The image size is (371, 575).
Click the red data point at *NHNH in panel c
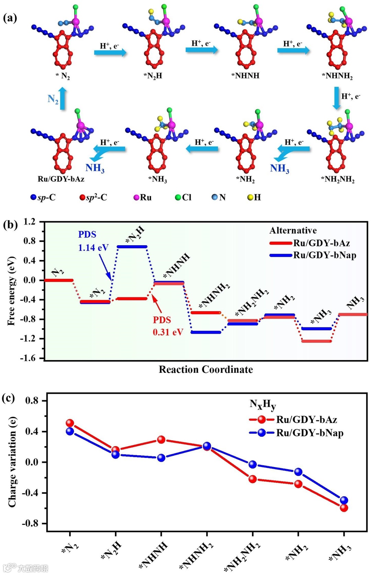(x=161, y=440)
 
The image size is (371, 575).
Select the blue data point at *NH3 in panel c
(x=344, y=500)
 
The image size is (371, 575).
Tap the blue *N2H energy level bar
(x=132, y=247)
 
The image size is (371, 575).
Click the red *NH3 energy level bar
(x=316, y=341)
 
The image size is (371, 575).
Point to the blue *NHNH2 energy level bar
(x=206, y=332)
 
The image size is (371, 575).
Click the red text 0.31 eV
(x=168, y=332)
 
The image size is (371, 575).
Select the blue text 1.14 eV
(x=93, y=248)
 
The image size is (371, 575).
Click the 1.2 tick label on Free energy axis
(x=29, y=221)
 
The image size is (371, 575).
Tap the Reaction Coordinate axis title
(x=205, y=369)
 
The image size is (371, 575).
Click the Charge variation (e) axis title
(x=12, y=462)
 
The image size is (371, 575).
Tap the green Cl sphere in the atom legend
(x=178, y=197)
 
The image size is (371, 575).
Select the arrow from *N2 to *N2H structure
(x=110, y=53)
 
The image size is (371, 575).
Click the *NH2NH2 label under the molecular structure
(x=338, y=180)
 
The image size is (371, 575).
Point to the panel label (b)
(x=10, y=225)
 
